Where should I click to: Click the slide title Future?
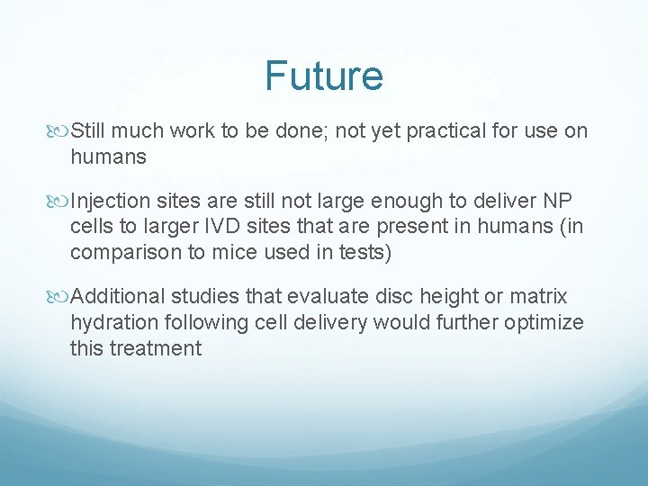click(324, 76)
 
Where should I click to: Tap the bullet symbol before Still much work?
click(60, 131)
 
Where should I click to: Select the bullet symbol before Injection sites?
click(60, 200)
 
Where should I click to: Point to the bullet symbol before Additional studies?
click(60, 296)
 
